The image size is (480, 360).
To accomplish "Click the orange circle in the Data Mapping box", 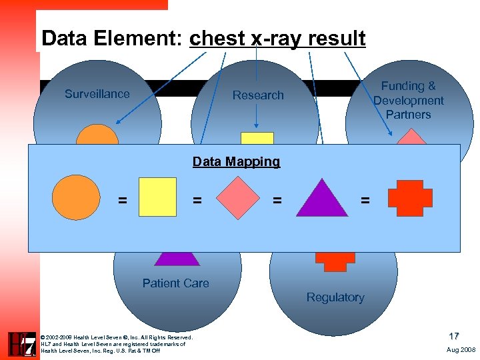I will click(x=77, y=197).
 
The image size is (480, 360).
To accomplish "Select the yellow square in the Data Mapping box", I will click(x=157, y=197).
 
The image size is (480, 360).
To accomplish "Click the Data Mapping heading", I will click(x=236, y=161).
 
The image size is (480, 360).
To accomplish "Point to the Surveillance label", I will click(x=97, y=94).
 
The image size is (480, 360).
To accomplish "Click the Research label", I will click(x=258, y=95).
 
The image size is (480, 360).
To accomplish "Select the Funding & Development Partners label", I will click(x=408, y=100).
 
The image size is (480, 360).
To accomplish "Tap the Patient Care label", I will click(x=175, y=283).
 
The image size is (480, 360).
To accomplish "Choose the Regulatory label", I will click(x=335, y=297).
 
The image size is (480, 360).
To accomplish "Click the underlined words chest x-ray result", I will click(x=277, y=39).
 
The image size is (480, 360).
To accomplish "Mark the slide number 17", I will click(x=453, y=337).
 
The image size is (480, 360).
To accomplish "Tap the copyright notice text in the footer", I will click(x=117, y=343).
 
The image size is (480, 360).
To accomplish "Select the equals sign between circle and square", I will click(x=122, y=199).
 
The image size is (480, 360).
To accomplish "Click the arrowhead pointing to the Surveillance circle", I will click(x=118, y=121).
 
